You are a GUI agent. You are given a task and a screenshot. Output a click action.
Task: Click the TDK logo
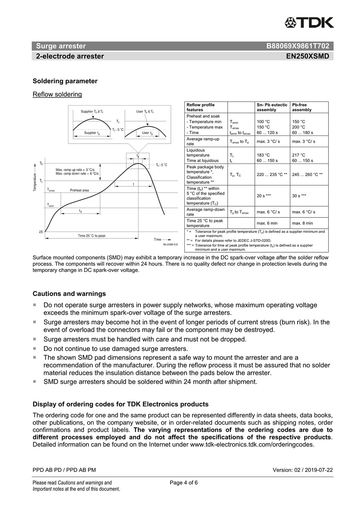click(x=309, y=22)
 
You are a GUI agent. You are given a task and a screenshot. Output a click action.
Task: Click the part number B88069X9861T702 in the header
click(x=298, y=46)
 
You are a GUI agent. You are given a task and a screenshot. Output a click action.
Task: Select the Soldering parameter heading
click(x=65, y=81)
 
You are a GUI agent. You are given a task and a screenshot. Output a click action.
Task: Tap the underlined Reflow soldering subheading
click(x=57, y=94)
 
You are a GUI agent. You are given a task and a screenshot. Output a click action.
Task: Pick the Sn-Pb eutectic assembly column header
click(x=272, y=107)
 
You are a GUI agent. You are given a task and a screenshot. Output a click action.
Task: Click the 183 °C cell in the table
click(x=263, y=155)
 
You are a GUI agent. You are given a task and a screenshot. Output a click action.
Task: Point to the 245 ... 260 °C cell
click(x=307, y=174)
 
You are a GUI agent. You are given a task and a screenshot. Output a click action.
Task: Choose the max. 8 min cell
click(x=302, y=223)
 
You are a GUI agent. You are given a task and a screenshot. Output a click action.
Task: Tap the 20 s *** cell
click(x=264, y=196)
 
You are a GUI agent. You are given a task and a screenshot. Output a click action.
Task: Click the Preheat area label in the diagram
click(x=80, y=190)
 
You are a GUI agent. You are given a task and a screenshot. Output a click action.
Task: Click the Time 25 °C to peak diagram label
click(x=92, y=236)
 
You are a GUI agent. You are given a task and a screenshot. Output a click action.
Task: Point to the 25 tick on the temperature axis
click(x=41, y=232)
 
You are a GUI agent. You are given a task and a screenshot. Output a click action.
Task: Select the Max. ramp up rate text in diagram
click(x=75, y=170)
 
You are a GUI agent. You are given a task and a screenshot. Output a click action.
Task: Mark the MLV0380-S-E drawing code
click(x=170, y=244)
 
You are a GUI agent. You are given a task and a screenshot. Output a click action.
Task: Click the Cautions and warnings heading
click(x=69, y=294)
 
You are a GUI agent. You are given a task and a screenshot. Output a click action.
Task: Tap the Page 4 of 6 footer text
click(x=184, y=483)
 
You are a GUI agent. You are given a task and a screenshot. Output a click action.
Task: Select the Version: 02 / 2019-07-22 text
click(x=302, y=470)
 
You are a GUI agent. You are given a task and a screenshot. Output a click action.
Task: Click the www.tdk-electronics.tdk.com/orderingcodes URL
click(x=252, y=444)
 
